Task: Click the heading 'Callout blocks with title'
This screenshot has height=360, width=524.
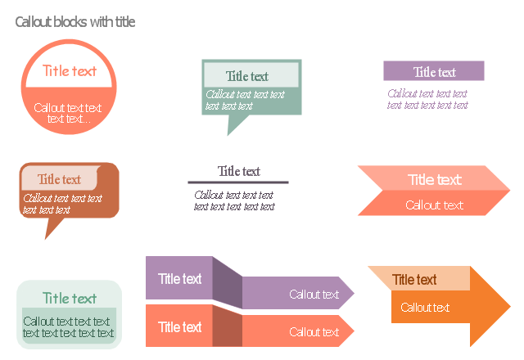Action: [75, 22]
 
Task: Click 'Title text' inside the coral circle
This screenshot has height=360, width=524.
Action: [70, 71]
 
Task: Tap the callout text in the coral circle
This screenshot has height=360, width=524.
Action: [68, 113]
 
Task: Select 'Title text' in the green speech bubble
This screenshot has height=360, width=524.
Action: [247, 76]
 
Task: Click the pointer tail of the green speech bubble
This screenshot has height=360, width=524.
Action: [235, 124]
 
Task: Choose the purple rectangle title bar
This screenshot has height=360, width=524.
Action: [434, 71]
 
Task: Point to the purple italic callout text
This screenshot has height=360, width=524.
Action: [427, 99]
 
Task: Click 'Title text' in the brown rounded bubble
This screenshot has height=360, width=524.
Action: [59, 179]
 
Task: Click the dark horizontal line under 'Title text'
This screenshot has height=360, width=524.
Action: [238, 182]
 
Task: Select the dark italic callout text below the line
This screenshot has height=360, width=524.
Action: [234, 200]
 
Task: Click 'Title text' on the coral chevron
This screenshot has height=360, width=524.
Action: [435, 180]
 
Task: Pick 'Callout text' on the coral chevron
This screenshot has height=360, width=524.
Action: [435, 205]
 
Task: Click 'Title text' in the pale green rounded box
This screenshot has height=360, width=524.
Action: [70, 298]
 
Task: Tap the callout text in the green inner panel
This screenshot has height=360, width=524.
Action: [68, 327]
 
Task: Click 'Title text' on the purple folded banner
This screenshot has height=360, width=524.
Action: [180, 278]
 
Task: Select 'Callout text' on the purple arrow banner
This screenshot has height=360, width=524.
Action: [314, 295]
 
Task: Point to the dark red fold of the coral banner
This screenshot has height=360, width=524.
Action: [228, 326]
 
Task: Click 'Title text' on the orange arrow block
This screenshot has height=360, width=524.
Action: [414, 280]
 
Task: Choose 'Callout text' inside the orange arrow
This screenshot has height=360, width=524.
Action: [425, 308]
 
